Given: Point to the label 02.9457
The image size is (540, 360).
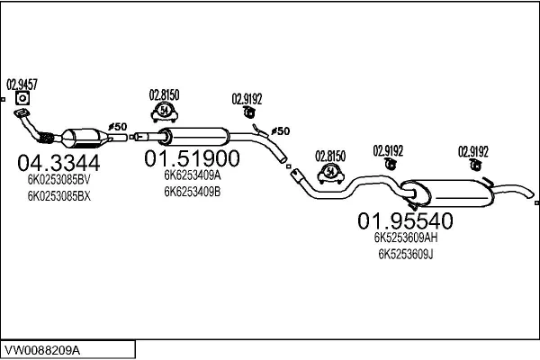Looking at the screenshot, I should pyautogui.click(x=22, y=83).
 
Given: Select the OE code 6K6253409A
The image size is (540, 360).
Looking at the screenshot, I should pyautogui.click(x=192, y=176).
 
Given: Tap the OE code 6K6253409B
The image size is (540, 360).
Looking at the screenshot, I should pyautogui.click(x=192, y=192).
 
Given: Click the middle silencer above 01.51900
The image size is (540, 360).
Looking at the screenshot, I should pyautogui.click(x=193, y=137).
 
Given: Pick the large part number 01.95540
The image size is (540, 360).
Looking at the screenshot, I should pyautogui.click(x=406, y=220).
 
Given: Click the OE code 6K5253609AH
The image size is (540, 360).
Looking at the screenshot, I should pyautogui.click(x=406, y=238).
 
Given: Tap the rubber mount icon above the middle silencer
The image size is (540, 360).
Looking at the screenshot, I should pyautogui.click(x=165, y=111).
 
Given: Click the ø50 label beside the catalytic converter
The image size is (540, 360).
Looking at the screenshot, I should pyautogui.click(x=118, y=127).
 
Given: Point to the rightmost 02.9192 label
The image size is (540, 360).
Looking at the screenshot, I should pyautogui.click(x=473, y=150).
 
